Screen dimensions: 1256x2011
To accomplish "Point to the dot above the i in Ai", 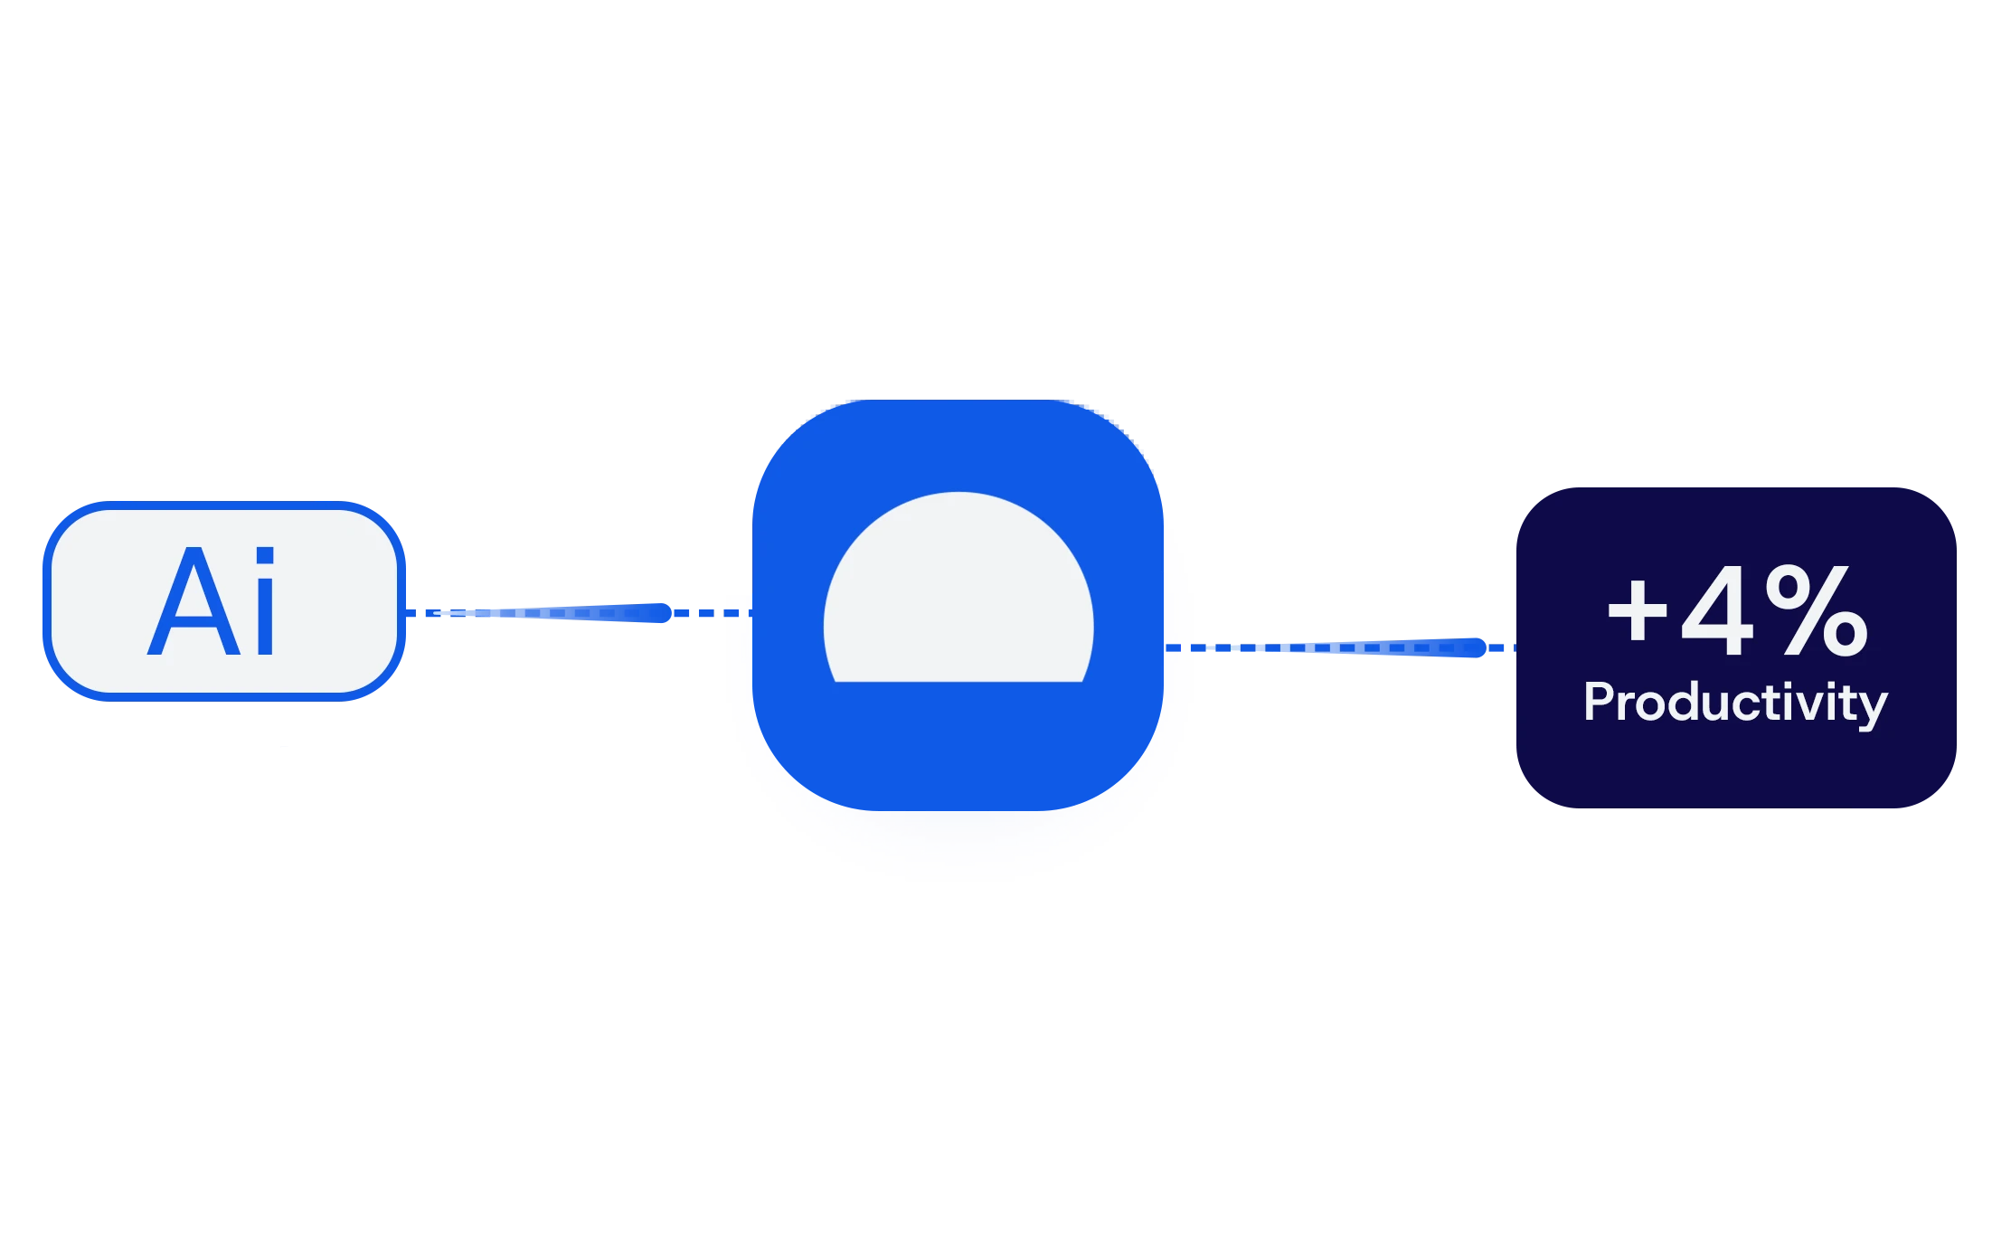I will pos(265,555).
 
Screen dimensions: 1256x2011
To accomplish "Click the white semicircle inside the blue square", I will pos(958,597).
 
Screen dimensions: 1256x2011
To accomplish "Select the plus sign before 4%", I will pos(1637,611).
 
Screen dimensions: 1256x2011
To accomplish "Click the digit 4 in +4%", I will pos(1715,611).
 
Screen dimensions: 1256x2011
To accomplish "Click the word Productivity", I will pos(1735,703).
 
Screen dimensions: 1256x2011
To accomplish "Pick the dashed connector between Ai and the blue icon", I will pos(579,613).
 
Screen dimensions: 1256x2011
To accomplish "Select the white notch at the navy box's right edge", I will pos(1985,647).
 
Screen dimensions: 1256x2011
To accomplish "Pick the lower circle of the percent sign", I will pos(1845,635).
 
